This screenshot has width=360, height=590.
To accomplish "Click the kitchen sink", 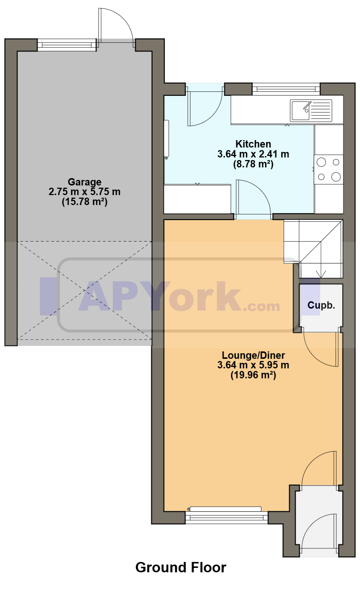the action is point(311,111).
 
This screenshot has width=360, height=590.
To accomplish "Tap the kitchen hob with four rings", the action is point(329,169).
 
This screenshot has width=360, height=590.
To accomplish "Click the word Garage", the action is point(84,182).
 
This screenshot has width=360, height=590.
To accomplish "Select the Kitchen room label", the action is point(253,144).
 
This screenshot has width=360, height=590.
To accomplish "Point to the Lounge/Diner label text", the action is point(253,355).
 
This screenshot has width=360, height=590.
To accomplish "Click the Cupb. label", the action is point(321,305).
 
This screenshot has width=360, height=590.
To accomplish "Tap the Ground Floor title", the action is point(181,568).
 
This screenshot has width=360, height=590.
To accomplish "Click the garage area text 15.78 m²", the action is point(84,202).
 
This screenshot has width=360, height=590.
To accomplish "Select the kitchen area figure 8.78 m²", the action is point(253,164).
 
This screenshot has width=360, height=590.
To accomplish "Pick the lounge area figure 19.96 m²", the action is point(253,375).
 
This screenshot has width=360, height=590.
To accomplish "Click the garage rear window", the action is point(67,45).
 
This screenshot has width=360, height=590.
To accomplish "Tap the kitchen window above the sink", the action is point(286,89).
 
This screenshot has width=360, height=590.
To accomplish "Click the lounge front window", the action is point(226,518).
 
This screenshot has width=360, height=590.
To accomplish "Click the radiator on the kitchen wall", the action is point(166,140).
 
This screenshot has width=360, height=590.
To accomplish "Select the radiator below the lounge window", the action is point(225,509).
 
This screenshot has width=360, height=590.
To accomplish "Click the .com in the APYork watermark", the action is point(262,306).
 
